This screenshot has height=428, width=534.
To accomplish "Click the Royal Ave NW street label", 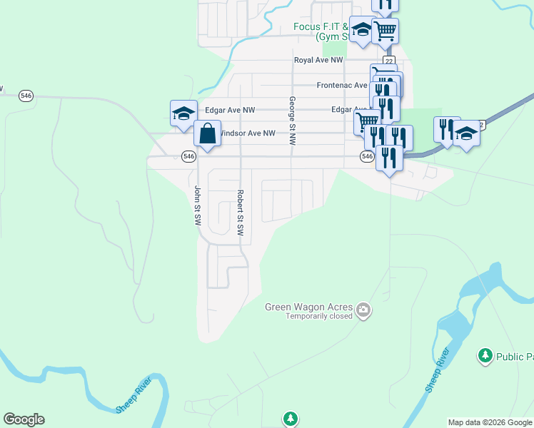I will pos(318,61).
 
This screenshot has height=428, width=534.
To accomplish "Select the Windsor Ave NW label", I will pos(245,133).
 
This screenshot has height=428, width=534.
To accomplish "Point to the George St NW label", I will pos(292,121).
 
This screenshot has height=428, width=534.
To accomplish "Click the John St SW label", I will pos(198,206).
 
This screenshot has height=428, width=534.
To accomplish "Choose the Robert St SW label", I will pos(241,213).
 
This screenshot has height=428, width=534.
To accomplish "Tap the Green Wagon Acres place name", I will pos(309,307).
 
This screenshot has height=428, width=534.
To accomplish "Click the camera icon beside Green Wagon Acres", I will pos(364,310).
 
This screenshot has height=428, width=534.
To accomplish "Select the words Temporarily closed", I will pos(319,316).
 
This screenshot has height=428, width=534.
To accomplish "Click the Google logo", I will pos(24,419).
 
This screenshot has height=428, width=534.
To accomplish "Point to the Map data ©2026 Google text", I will pos(490,422).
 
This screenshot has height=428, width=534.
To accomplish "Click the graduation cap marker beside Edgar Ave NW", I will pos(183,112).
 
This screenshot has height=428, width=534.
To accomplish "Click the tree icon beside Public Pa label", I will pos(485,355).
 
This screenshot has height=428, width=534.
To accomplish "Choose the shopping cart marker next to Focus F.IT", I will pos(385,30).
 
